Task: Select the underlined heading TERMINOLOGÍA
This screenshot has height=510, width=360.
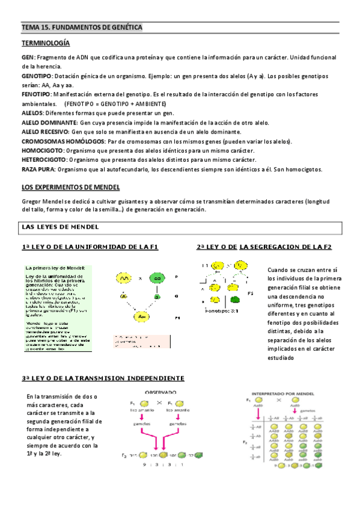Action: pos(46,44)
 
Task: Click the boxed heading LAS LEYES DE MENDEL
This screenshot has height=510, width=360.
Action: pos(56,227)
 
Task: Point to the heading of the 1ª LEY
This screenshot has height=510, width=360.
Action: pos(90,247)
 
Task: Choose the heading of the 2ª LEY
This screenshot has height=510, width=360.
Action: pos(264,247)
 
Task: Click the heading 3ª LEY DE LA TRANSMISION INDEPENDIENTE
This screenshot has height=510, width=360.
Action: pos(103,378)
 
